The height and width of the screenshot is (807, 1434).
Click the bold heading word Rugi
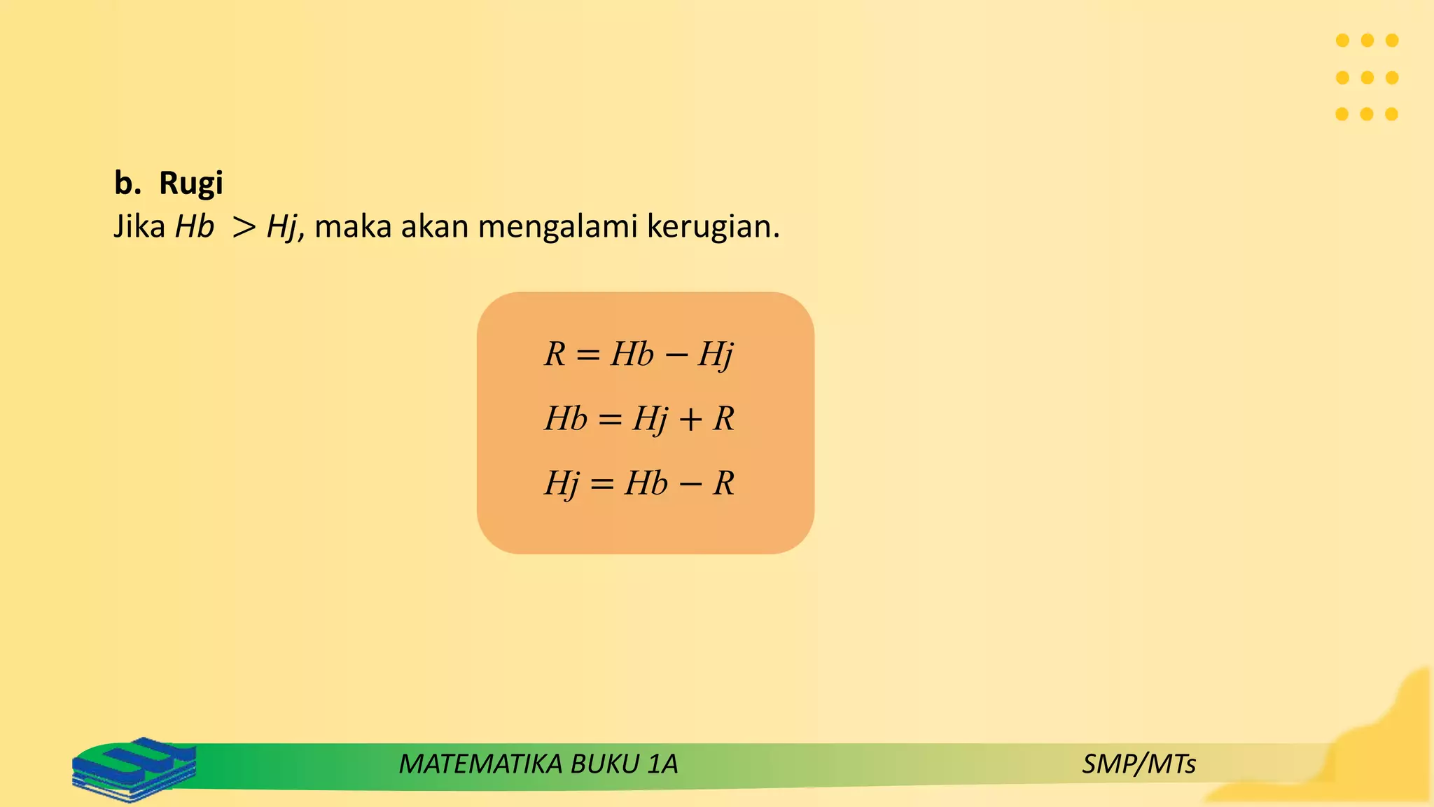190,184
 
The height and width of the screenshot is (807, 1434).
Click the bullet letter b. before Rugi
127,183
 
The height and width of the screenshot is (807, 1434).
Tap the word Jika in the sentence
139,226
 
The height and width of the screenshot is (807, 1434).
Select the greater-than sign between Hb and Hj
244,227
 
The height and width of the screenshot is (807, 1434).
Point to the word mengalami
557,226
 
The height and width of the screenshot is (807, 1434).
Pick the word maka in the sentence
353,226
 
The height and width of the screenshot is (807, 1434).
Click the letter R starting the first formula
555,354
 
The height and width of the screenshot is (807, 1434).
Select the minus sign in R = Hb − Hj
676,355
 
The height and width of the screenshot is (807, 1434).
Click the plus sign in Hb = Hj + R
690,420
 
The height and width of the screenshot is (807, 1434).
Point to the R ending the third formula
723,483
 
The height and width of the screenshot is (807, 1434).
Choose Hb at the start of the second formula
566,419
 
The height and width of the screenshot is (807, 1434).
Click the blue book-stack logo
134,768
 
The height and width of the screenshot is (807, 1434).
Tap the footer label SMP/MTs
1139,764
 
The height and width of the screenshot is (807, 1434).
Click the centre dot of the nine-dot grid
1367,77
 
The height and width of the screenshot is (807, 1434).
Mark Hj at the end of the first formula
716,354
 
